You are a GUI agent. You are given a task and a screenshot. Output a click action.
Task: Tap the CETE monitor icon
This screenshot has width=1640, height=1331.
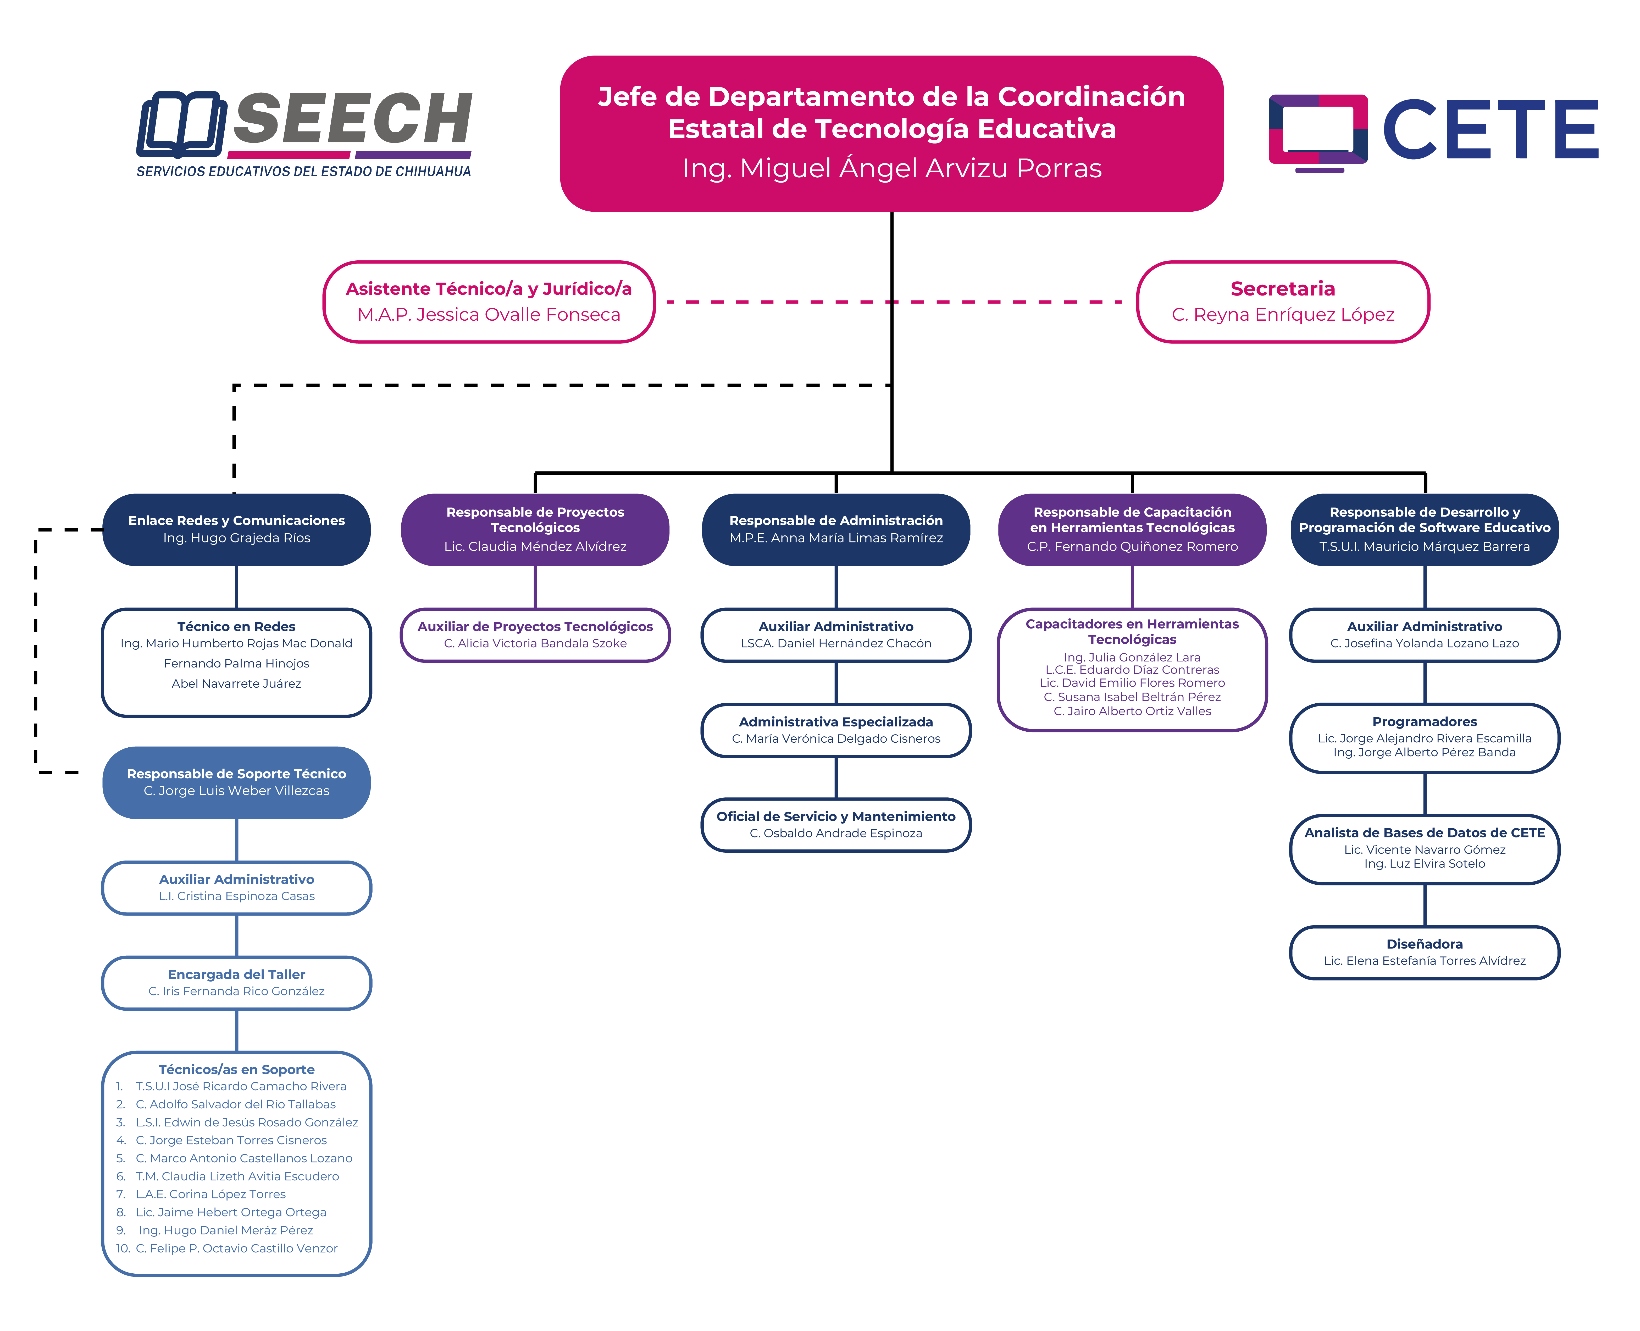pyautogui.click(x=1317, y=130)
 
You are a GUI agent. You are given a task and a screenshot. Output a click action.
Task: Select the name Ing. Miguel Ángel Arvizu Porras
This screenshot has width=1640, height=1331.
pyautogui.click(x=891, y=168)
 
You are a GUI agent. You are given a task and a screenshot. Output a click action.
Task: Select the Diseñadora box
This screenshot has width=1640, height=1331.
pyautogui.click(x=1424, y=952)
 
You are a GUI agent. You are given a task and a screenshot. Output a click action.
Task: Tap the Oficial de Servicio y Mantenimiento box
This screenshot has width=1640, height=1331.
pyautogui.click(x=835, y=824)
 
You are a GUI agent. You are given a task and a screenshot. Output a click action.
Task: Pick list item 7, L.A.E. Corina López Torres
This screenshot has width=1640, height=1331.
pyautogui.click(x=211, y=1194)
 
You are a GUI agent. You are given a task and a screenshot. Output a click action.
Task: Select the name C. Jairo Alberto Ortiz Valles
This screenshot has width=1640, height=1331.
pyautogui.click(x=1132, y=711)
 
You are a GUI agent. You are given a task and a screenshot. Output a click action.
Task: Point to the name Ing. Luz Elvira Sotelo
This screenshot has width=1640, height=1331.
pyautogui.click(x=1424, y=863)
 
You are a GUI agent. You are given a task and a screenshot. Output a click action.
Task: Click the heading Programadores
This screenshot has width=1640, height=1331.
pyautogui.click(x=1424, y=721)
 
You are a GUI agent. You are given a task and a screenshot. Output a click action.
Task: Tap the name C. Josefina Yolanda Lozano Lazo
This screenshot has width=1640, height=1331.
pyautogui.click(x=1424, y=643)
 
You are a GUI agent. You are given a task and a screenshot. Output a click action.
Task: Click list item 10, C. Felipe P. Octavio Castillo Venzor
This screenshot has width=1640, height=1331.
pyautogui.click(x=236, y=1248)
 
